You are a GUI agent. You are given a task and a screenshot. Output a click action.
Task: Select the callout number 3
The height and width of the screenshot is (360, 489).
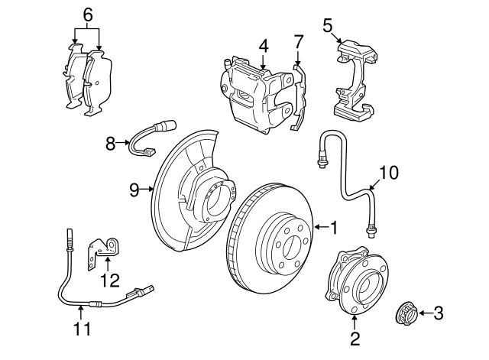(x=438, y=312)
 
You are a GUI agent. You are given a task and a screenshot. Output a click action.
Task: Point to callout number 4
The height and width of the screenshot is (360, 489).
(x=263, y=46)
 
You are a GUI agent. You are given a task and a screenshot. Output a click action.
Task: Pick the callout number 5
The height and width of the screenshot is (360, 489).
(x=327, y=25)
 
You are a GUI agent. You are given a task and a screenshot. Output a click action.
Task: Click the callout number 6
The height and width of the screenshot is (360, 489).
(x=87, y=14)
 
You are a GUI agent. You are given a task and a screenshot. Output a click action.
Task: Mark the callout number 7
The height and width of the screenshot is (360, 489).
(x=298, y=41)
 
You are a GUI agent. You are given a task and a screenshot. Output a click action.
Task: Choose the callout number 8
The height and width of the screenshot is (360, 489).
(x=110, y=142)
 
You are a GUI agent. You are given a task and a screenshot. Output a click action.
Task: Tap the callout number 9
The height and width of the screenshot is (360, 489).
(x=134, y=190)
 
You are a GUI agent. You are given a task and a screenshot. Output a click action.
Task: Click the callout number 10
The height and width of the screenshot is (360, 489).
(x=388, y=173)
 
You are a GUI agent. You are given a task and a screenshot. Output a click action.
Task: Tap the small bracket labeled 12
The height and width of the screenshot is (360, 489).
(x=105, y=248)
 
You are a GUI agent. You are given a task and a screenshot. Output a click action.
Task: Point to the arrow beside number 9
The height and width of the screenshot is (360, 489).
(x=148, y=190)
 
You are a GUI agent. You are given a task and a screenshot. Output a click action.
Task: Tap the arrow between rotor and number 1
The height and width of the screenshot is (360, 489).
(x=319, y=227)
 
